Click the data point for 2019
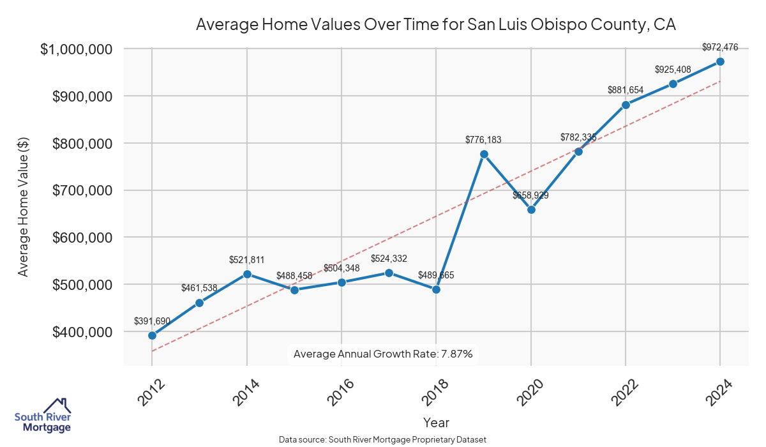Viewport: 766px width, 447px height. click(484, 155)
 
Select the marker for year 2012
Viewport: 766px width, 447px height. click(152, 335)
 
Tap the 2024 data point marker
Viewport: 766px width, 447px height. click(720, 61)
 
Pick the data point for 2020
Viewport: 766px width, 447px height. click(531, 209)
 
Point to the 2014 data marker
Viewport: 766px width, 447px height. click(247, 274)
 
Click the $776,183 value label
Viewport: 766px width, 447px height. click(484, 139)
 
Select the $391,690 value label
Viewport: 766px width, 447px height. click(152, 321)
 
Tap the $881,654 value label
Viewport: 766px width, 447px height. click(626, 90)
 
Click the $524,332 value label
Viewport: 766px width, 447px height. click(389, 258)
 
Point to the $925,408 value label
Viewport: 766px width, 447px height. click(673, 69)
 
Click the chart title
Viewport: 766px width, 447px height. click(436, 25)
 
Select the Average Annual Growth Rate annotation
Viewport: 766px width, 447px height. click(383, 354)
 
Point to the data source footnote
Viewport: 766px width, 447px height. click(383, 439)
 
